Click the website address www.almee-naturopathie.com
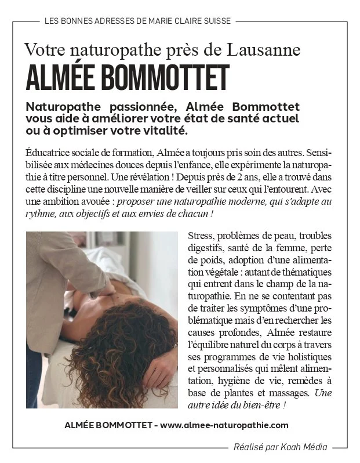click(x=224, y=425)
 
